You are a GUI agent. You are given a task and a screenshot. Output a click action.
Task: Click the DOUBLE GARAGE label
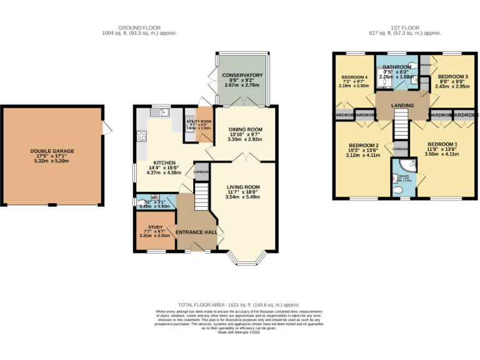point(52,151)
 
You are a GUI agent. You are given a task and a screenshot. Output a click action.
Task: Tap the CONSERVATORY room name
point(242,76)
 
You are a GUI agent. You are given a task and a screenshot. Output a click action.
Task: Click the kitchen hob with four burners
point(141,134)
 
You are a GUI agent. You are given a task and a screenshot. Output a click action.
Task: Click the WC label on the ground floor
point(155,197)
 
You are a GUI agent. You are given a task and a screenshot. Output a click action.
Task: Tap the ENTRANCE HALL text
point(196,232)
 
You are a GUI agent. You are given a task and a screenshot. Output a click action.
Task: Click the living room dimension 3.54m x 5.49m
point(242,197)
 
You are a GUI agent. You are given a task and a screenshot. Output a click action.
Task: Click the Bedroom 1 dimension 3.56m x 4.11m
point(442,155)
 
